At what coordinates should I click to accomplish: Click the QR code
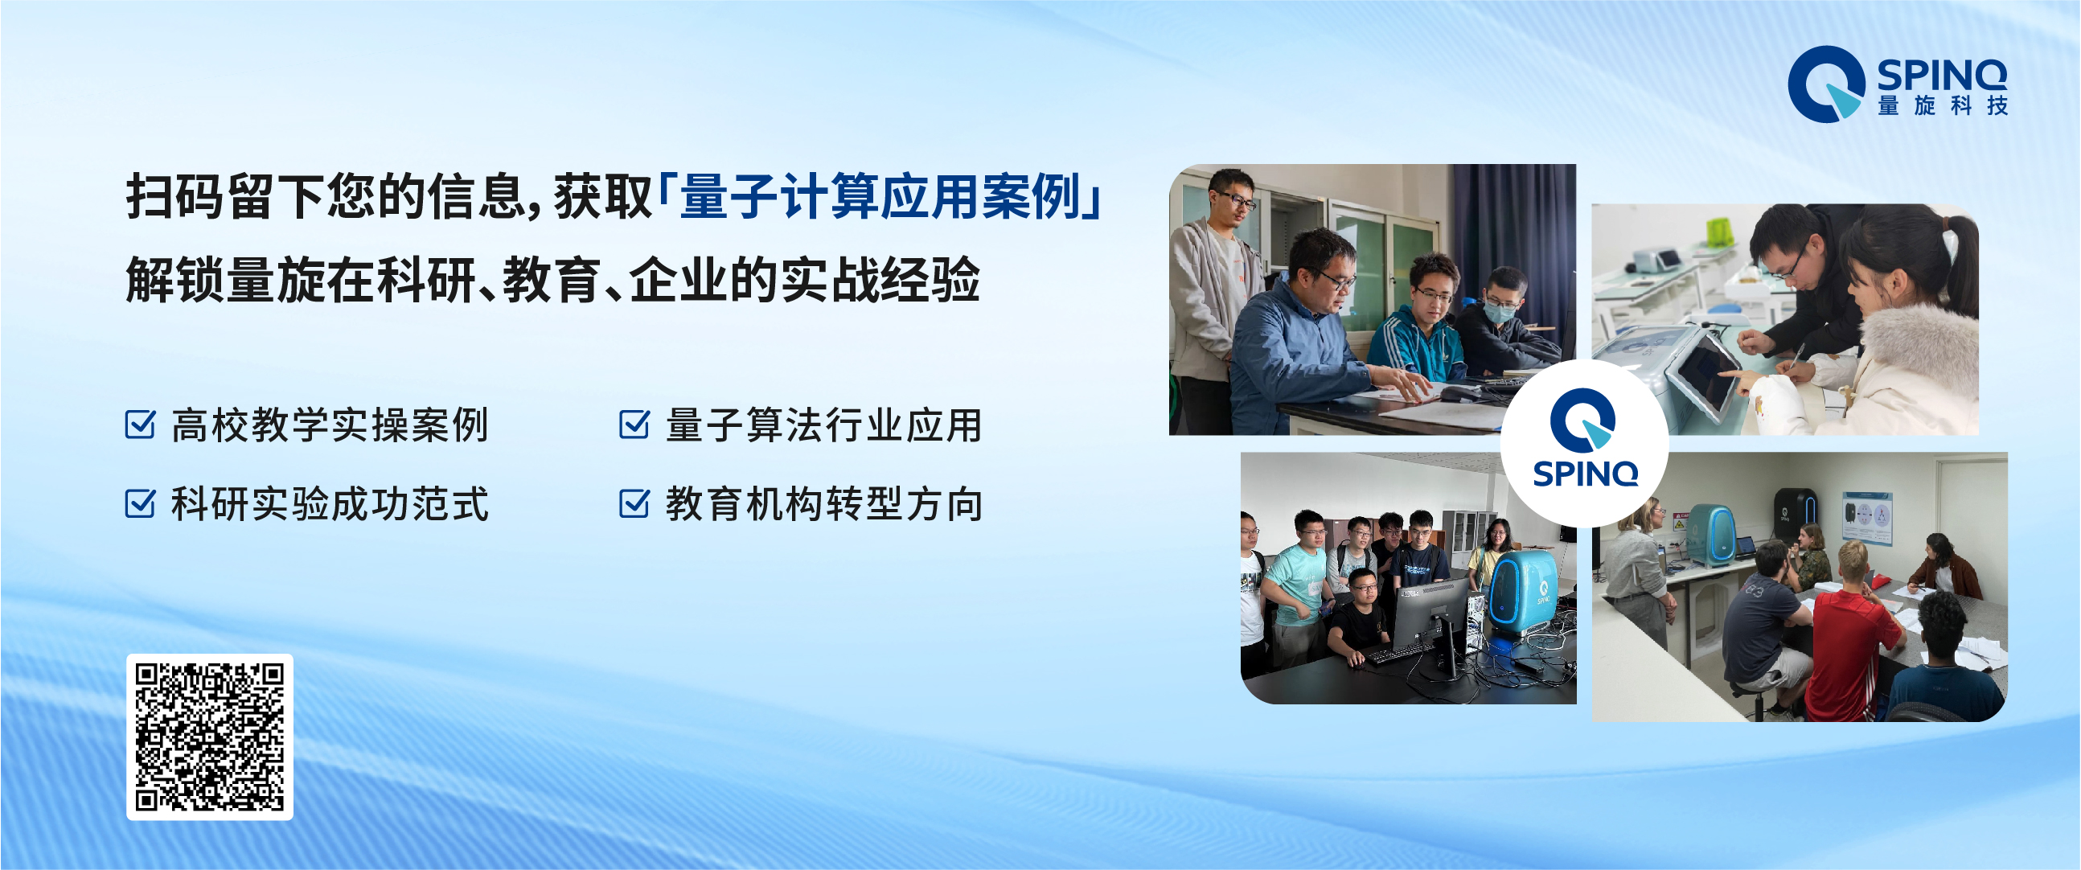point(209,737)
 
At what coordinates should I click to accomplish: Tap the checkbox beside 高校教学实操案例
point(140,423)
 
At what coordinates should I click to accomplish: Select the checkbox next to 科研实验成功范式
point(140,503)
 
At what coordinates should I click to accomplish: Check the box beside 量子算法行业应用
point(634,423)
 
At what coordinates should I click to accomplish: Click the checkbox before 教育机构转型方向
point(634,503)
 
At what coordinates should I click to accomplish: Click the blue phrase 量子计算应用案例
point(880,196)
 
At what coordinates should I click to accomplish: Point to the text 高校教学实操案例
point(330,425)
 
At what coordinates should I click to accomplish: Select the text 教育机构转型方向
point(824,504)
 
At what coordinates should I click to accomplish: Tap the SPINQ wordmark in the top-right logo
point(1941,75)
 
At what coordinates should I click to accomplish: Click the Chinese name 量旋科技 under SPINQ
point(1942,106)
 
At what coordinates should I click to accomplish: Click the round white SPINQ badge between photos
point(1584,444)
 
